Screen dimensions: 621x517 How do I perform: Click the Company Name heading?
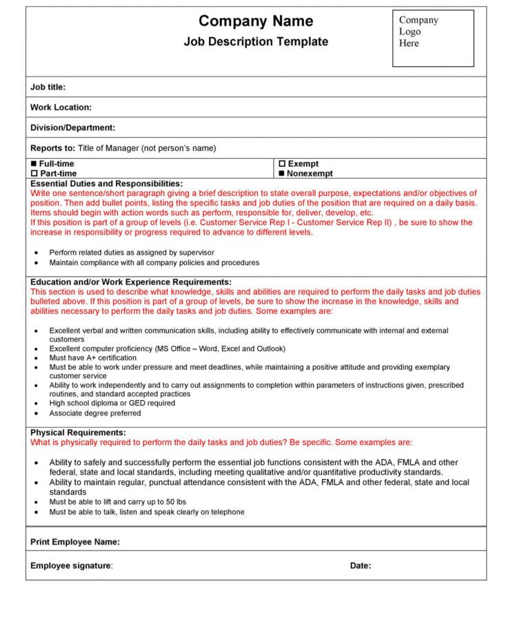tap(256, 21)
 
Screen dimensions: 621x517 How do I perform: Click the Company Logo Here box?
tap(433, 38)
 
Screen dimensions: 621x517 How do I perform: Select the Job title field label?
tap(48, 87)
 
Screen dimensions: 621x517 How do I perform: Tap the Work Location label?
tap(61, 108)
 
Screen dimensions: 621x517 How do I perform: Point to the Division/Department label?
tap(72, 128)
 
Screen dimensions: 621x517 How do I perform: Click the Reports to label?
tap(52, 148)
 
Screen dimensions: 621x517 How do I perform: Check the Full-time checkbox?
tap(34, 164)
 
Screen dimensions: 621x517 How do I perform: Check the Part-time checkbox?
tap(34, 174)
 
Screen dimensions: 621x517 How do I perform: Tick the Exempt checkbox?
tap(282, 164)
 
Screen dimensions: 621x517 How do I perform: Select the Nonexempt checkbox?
tap(282, 174)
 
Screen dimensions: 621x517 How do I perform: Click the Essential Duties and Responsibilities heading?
tap(107, 184)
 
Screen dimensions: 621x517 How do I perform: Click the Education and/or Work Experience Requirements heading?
tap(131, 282)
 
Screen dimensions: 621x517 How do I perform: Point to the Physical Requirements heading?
tap(78, 433)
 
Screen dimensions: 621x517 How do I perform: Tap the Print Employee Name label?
tap(75, 542)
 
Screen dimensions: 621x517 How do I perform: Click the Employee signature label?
tap(71, 566)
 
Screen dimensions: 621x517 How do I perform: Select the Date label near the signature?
tap(361, 566)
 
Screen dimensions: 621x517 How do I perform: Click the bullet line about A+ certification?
tap(93, 358)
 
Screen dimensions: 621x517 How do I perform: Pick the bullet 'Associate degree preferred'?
tap(95, 413)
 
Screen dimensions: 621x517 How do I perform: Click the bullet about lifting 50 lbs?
tap(118, 502)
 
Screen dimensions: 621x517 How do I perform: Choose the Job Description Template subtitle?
tap(256, 42)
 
